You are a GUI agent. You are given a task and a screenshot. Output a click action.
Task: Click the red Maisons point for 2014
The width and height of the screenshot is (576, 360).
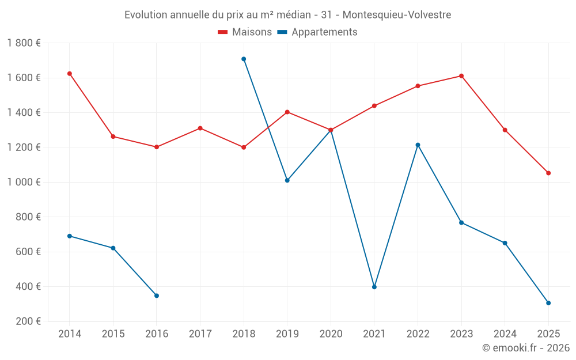tap(69, 74)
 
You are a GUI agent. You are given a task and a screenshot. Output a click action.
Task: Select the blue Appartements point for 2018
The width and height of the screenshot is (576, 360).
tap(244, 59)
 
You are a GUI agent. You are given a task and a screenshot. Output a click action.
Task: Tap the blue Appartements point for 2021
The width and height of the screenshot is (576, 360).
tap(374, 287)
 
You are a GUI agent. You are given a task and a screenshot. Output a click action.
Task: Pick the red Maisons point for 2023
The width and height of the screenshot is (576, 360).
tap(461, 76)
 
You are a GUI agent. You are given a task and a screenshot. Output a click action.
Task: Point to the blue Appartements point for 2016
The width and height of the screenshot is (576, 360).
tap(157, 295)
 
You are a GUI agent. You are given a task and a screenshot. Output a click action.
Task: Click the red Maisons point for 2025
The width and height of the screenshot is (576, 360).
tap(548, 173)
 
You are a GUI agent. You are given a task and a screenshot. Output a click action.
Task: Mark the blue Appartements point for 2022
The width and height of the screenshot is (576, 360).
tap(418, 145)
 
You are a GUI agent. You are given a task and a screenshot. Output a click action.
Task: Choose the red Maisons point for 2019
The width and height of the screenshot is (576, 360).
tap(287, 112)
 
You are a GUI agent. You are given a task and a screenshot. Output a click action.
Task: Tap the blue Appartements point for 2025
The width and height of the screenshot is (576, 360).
tap(548, 303)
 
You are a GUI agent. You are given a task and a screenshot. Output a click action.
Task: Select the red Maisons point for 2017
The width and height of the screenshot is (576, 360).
tap(200, 128)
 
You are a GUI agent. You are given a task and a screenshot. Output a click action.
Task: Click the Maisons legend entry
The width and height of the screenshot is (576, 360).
tap(245, 32)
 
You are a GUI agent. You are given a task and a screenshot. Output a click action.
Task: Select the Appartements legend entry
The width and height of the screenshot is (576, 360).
tap(317, 32)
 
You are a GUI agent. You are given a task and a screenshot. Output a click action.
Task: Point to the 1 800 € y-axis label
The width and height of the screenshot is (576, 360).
tap(24, 43)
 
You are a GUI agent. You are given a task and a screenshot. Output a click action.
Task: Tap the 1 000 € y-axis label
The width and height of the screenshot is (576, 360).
tap(24, 182)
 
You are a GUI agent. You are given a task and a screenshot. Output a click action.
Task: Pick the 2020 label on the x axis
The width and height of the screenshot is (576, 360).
tap(331, 334)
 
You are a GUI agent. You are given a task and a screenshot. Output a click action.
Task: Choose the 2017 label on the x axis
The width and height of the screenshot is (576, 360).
tap(200, 334)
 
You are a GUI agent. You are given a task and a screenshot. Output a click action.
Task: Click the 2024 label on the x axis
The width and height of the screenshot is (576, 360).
tap(505, 334)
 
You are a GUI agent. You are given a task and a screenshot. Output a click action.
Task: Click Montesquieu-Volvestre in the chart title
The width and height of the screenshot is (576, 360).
tap(397, 14)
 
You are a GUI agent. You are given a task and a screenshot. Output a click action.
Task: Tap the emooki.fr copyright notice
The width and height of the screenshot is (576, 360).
tap(526, 348)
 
